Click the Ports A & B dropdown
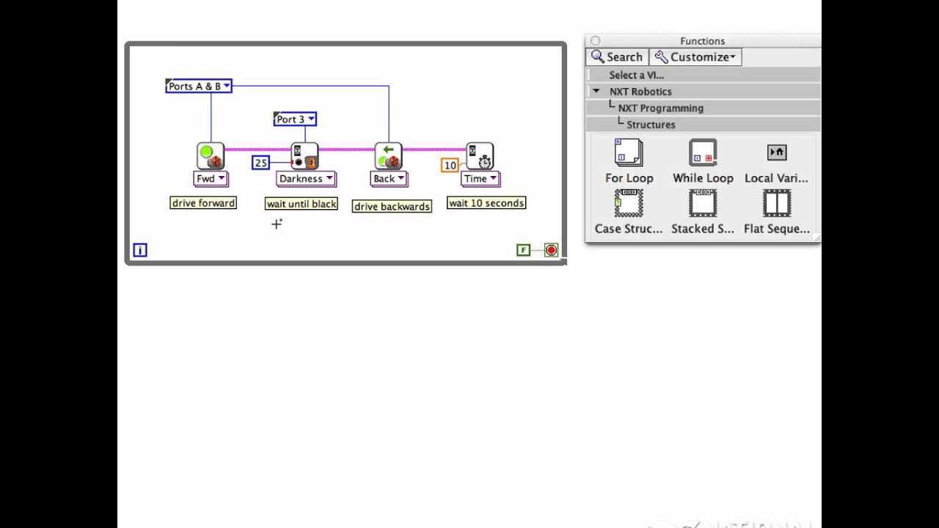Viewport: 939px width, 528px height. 198,87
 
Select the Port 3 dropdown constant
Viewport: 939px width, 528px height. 295,119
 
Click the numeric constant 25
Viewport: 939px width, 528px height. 260,163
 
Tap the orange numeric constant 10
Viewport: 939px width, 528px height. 450,166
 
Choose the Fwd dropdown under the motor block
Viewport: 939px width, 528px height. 211,178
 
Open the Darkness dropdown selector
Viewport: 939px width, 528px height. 305,178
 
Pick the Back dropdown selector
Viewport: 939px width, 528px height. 388,178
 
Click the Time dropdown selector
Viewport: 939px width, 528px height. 480,178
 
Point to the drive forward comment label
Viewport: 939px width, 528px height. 203,203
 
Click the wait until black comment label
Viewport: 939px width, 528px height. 302,204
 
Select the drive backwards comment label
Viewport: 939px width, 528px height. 392,207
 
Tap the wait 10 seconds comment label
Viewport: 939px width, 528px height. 486,203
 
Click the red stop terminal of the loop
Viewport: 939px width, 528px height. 551,250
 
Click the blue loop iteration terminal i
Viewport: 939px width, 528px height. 140,250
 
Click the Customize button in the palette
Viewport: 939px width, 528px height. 695,57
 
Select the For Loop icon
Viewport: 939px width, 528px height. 629,153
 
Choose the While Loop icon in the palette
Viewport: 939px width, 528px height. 703,153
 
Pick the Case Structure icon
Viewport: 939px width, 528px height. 629,203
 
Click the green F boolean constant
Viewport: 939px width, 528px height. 523,250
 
